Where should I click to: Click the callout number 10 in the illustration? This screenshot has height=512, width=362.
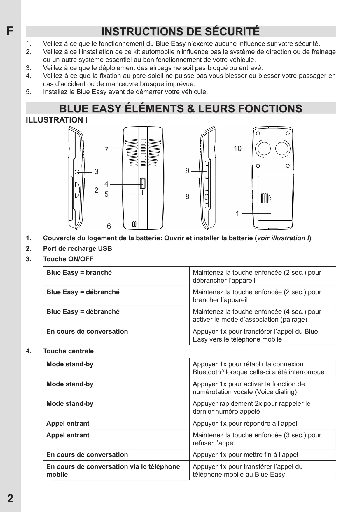tap(237, 149)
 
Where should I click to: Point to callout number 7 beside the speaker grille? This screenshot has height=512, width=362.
tap(106, 150)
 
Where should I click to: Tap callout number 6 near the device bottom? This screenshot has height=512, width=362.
tap(109, 226)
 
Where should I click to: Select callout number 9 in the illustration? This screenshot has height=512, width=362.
tap(187, 171)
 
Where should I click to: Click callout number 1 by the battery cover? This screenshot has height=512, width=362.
tap(237, 214)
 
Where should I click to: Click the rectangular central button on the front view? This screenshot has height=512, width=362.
tap(143, 184)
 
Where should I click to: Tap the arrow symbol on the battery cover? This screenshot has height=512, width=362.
tap(270, 198)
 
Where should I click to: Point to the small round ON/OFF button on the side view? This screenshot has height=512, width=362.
tap(77, 172)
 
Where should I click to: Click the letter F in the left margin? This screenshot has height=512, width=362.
tap(10, 31)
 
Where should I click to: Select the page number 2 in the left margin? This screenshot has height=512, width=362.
tap(10, 498)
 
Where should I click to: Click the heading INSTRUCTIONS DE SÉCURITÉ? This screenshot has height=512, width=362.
tap(181, 32)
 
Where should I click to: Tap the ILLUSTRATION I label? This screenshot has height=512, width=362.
tap(57, 120)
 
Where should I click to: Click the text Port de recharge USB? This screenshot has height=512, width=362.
tap(77, 248)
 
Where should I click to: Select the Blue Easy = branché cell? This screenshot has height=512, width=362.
tap(79, 273)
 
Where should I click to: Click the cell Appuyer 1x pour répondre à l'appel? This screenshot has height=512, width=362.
tap(245, 423)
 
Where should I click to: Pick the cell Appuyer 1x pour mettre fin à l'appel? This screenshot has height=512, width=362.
tap(245, 455)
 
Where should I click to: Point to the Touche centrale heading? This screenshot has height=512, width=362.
tap(68, 351)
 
